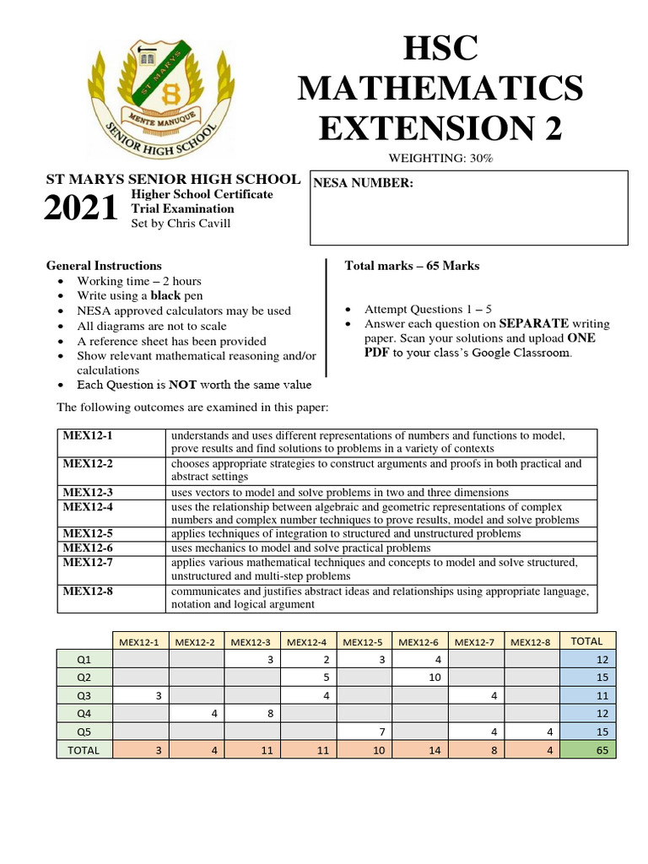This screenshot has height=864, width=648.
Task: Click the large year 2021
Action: [x=81, y=209]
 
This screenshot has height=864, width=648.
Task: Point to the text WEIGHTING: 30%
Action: [x=440, y=159]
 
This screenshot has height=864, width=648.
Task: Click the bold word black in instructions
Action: [x=165, y=295]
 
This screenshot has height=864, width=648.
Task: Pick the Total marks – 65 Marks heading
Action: [x=412, y=266]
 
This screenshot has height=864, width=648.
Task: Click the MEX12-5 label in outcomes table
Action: [x=87, y=534]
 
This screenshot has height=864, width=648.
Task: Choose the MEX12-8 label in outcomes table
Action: [x=87, y=591]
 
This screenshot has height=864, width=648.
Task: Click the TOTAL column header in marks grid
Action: [x=587, y=640]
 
